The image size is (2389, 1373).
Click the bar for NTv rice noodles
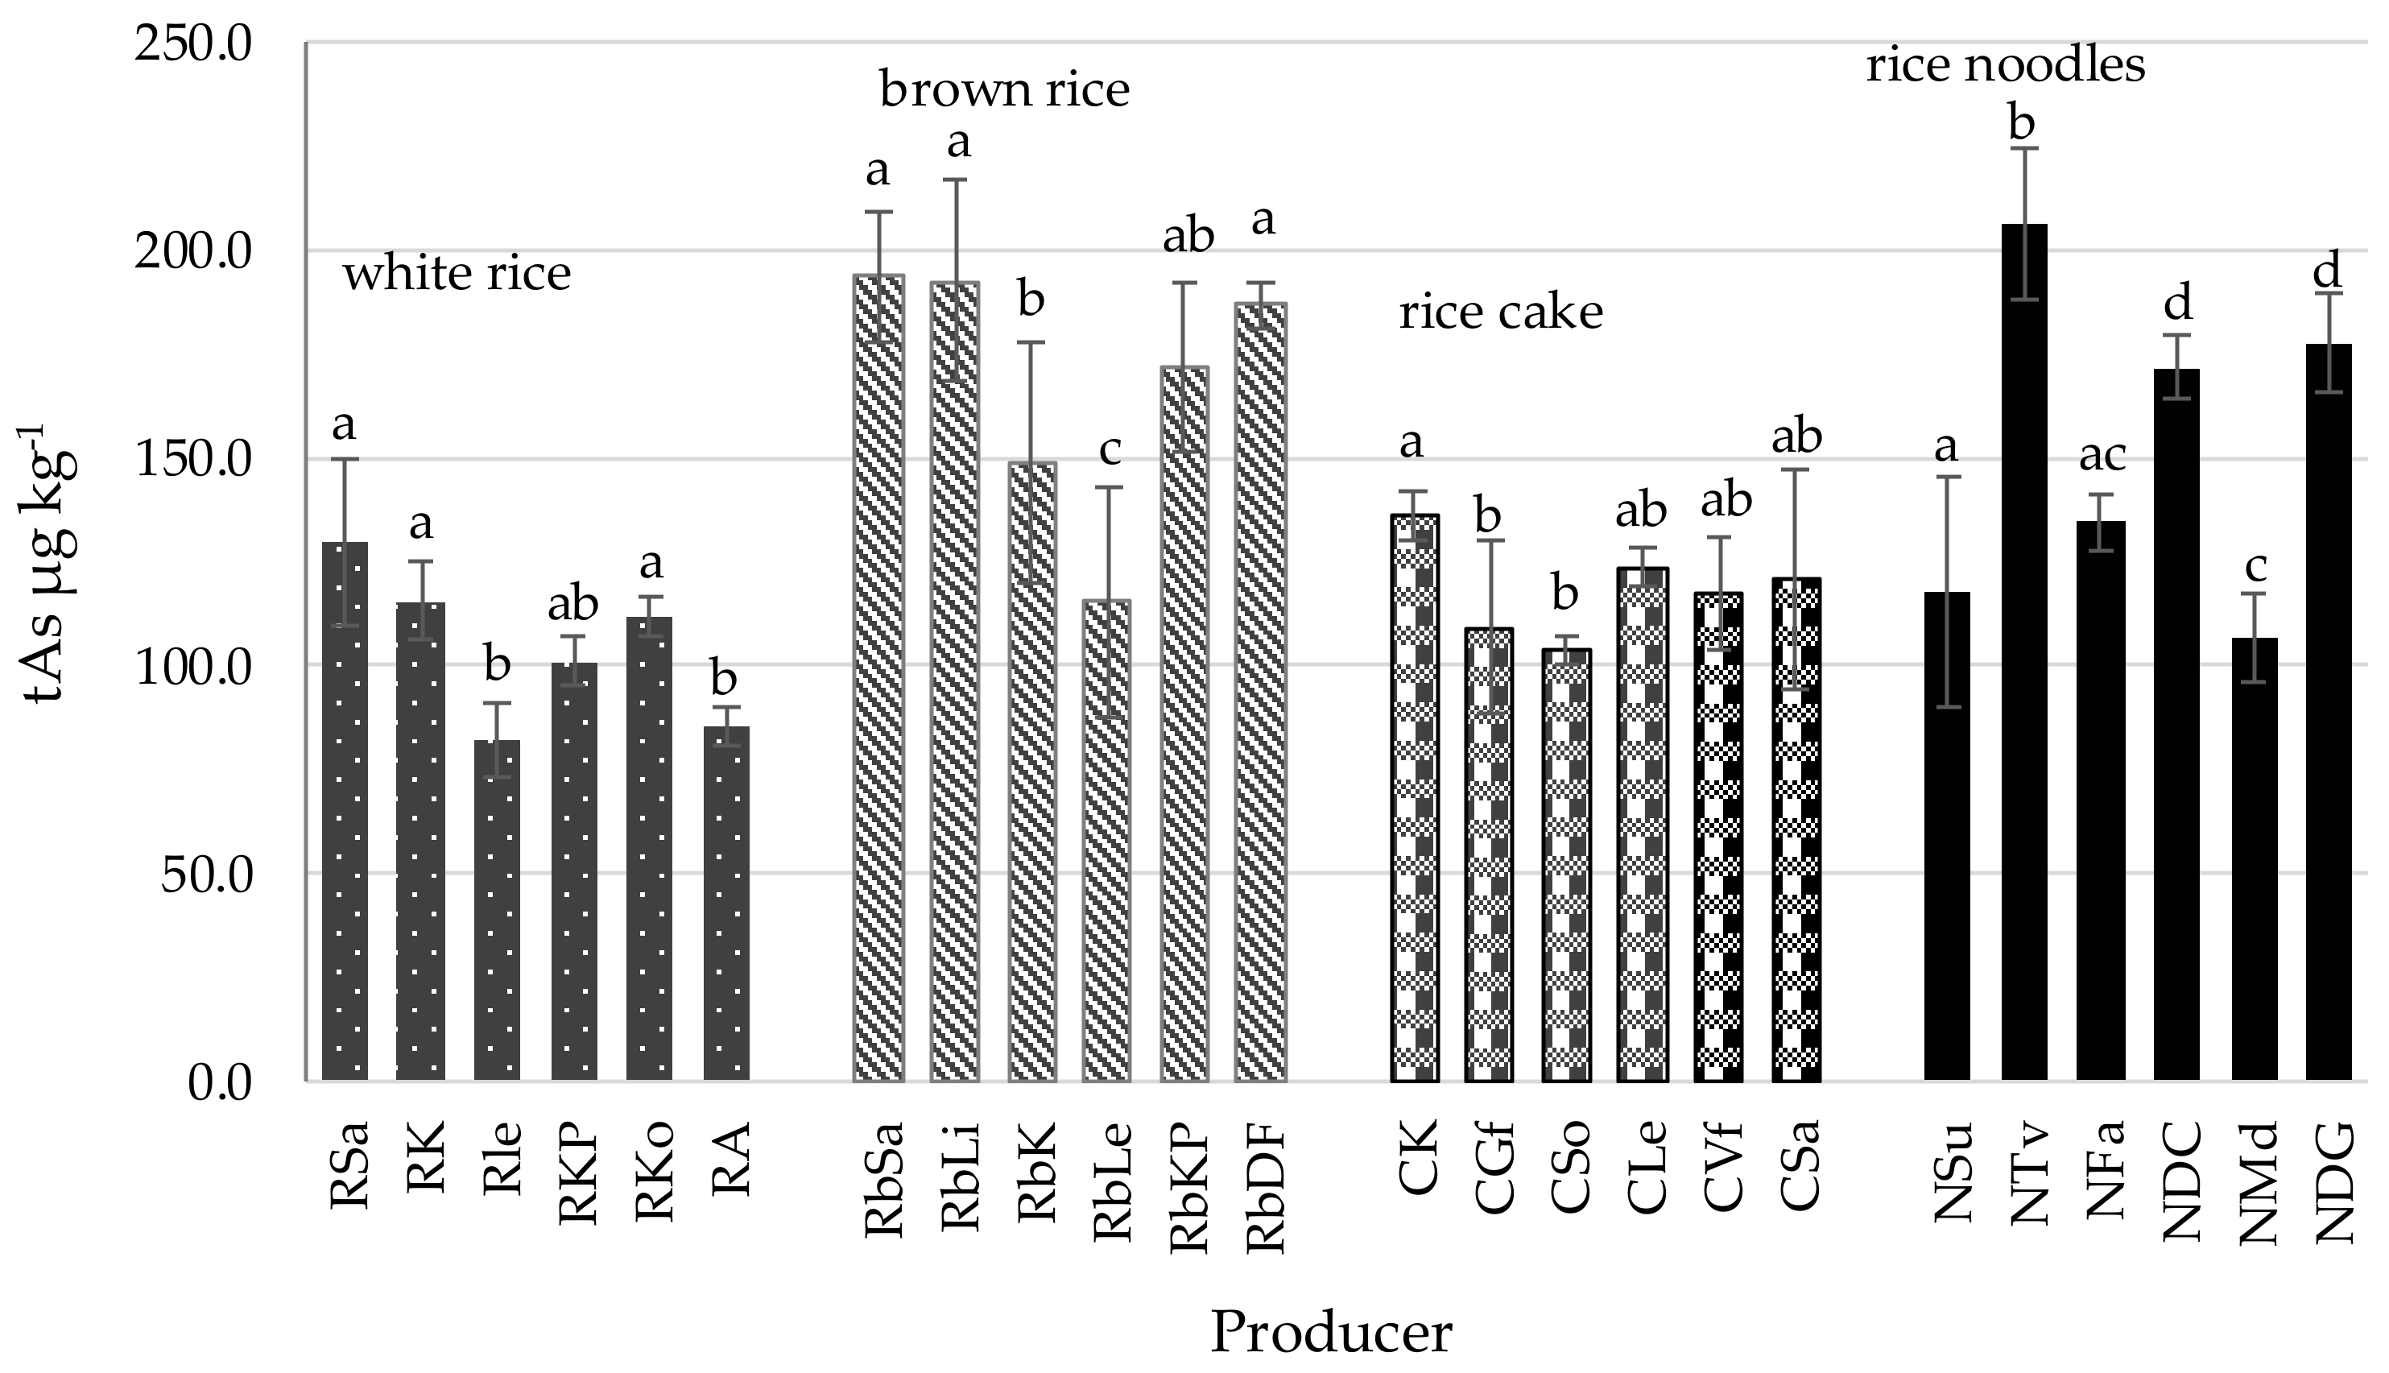pos(2024,660)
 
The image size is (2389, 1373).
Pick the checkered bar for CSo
pos(1566,867)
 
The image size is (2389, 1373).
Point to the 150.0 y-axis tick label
pos(193,460)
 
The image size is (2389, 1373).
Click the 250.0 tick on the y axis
pos(193,43)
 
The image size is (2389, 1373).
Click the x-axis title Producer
pos(1330,1331)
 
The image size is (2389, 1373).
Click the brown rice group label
pos(1004,90)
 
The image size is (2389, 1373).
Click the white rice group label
pos(457,274)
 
